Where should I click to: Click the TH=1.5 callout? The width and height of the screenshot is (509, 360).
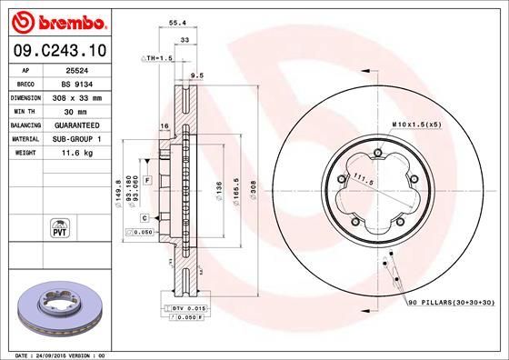pyautogui.click(x=157, y=57)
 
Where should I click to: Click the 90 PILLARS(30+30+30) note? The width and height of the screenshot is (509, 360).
pyautogui.click(x=449, y=301)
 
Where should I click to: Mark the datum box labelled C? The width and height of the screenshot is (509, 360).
pyautogui.click(x=145, y=218)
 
